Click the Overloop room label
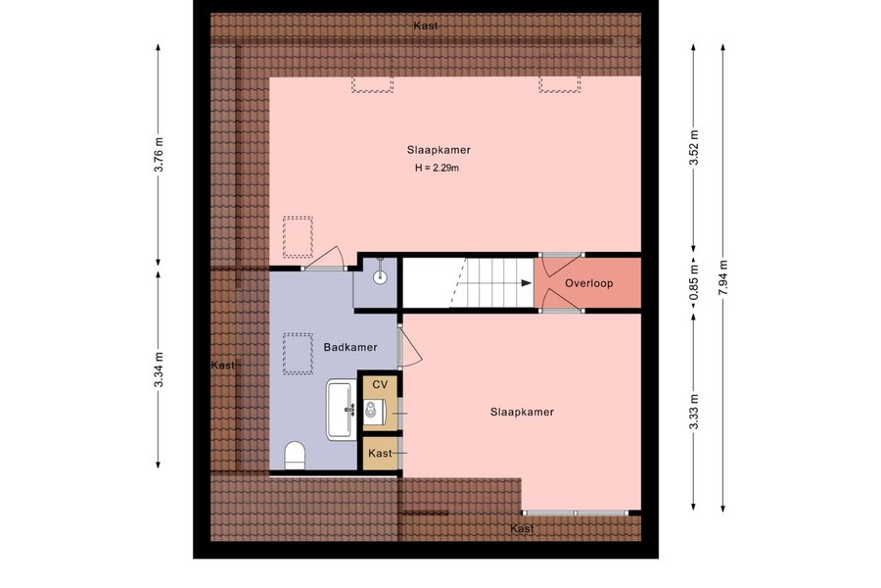click(x=588, y=283)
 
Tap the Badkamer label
click(x=350, y=347)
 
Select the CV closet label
click(x=381, y=385)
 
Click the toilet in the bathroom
click(x=295, y=455)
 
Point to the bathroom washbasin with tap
click(x=342, y=409)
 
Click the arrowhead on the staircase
click(x=527, y=283)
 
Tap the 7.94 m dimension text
click(x=722, y=277)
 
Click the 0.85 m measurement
click(x=694, y=282)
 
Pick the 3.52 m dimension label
click(x=694, y=147)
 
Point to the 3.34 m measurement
click(x=159, y=369)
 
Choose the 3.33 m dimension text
click(x=694, y=412)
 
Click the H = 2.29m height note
click(x=438, y=168)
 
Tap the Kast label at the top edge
click(x=426, y=25)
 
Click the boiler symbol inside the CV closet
click(x=374, y=412)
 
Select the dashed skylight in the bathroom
click(x=298, y=354)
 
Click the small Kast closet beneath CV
click(x=381, y=453)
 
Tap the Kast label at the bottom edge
click(x=522, y=528)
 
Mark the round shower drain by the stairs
click(x=381, y=276)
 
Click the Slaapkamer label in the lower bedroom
click(x=522, y=412)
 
